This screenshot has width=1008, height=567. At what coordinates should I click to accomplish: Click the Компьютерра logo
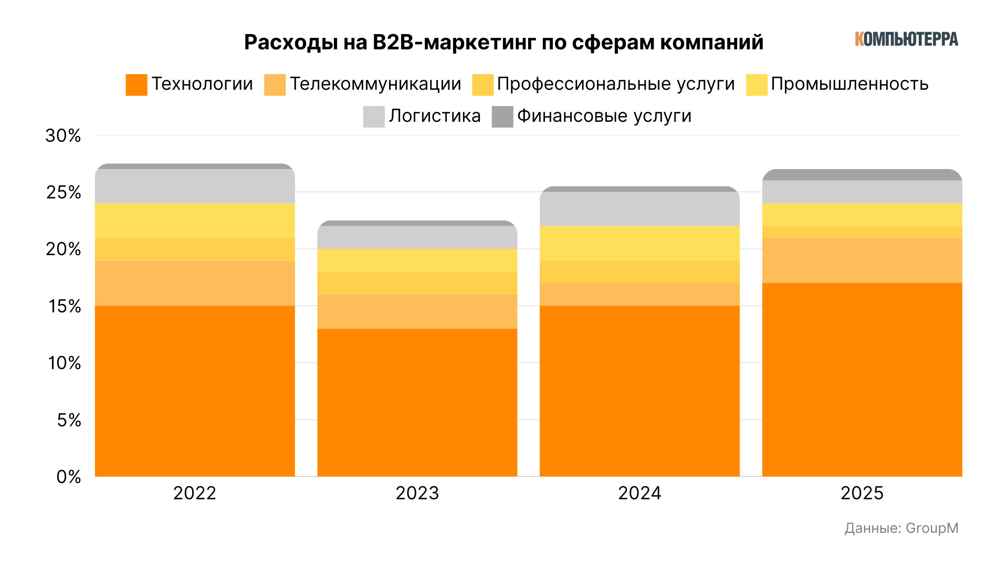[906, 39]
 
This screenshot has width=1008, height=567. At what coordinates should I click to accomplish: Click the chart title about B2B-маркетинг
[503, 43]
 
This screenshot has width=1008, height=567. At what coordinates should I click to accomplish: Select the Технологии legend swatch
[136, 85]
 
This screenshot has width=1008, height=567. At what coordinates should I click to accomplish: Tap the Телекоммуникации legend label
[375, 84]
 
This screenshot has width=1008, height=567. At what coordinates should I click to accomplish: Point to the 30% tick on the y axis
[64, 136]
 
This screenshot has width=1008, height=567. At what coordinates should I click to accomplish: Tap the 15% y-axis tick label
[65, 306]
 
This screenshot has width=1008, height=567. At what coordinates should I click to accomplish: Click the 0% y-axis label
[69, 477]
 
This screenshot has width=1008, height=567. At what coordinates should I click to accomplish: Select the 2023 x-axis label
[417, 493]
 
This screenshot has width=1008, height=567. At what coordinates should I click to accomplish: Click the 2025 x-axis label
[862, 493]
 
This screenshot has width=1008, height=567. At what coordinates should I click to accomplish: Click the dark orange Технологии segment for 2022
[195, 391]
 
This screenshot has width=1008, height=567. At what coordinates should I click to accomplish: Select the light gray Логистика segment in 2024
[639, 209]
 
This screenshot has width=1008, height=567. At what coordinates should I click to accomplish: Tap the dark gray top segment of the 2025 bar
[862, 175]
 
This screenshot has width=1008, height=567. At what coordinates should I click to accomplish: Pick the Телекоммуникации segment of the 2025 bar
[862, 260]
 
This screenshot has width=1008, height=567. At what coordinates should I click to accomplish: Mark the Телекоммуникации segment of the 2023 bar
[417, 311]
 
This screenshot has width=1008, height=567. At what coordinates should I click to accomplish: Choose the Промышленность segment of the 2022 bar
[195, 220]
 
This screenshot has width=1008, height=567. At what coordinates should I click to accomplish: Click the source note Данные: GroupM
[901, 528]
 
